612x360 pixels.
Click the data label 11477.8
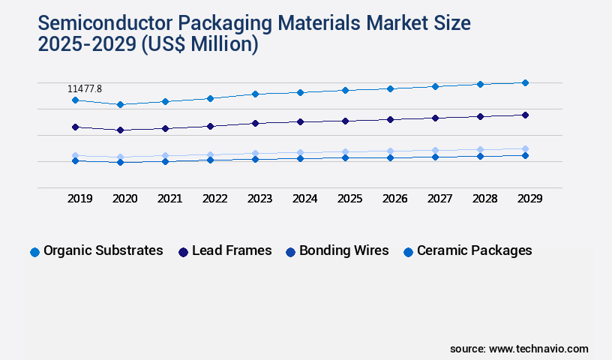tap(85, 89)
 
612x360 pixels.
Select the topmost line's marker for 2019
tap(75, 100)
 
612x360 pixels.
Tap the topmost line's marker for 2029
tap(525, 82)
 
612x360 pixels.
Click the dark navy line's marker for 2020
tap(120, 130)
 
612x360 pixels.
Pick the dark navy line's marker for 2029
tap(525, 115)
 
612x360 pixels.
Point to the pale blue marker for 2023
tap(255, 154)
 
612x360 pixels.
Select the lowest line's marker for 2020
tap(120, 162)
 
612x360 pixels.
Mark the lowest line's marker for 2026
tap(390, 157)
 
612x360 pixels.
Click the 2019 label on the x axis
tap(80, 199)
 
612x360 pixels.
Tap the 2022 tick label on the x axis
tap(215, 199)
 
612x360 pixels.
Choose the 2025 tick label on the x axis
tap(350, 199)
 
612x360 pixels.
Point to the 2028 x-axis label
tap(485, 199)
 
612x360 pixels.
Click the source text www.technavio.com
tap(538, 349)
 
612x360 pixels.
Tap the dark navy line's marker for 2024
tap(300, 121)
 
